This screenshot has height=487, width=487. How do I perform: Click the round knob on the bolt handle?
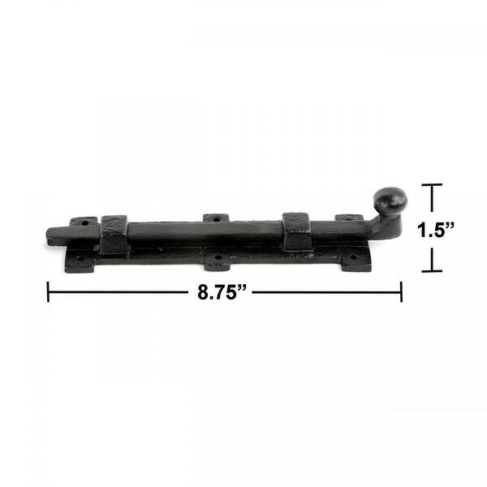click(390, 200)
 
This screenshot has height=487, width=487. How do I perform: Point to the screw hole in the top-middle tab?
click(216, 218)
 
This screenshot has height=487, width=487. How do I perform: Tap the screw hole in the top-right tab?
click(349, 218)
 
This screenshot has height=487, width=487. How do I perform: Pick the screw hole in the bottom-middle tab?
click(217, 261)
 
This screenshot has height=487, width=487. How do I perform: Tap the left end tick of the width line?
click(48, 291)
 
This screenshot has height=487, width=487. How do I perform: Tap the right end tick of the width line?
click(401, 291)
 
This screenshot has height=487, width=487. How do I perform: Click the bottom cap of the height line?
click(432, 271)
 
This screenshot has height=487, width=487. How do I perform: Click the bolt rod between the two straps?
click(203, 231)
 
